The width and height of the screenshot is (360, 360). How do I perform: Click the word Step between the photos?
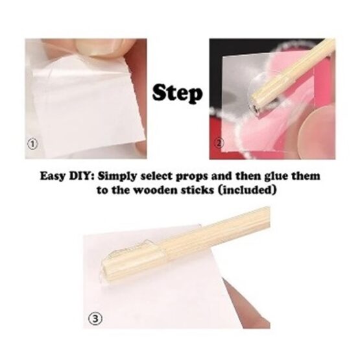(178, 94)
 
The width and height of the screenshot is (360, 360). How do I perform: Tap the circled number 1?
(32, 144)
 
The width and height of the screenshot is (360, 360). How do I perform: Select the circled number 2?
(219, 143)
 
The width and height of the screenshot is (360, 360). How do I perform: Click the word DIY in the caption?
(82, 176)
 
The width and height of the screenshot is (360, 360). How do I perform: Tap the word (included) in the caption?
(246, 190)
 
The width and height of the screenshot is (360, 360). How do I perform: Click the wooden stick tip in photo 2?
(254, 108)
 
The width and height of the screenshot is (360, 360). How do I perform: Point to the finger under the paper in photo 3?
(247, 306)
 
